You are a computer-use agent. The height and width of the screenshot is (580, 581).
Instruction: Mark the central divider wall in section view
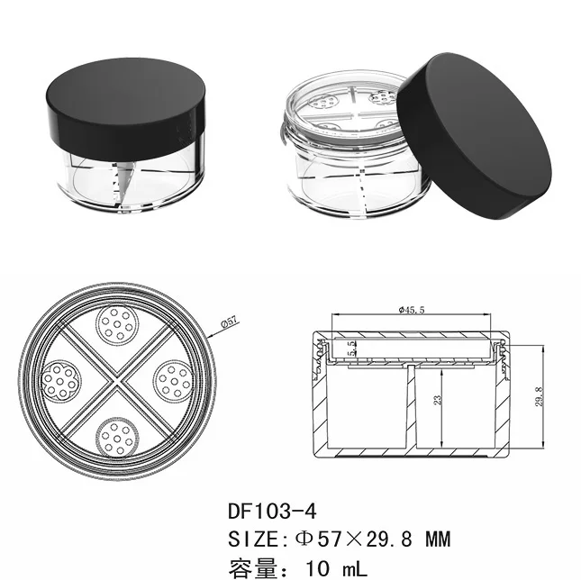(x=411, y=405)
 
